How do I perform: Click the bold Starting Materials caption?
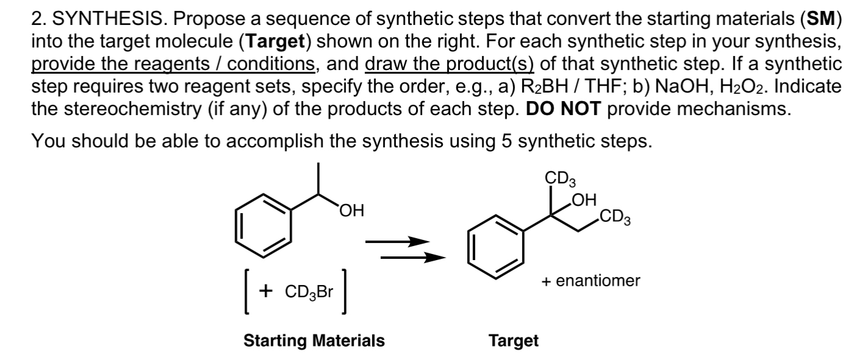tap(314, 341)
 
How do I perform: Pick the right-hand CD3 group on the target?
tap(615, 217)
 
